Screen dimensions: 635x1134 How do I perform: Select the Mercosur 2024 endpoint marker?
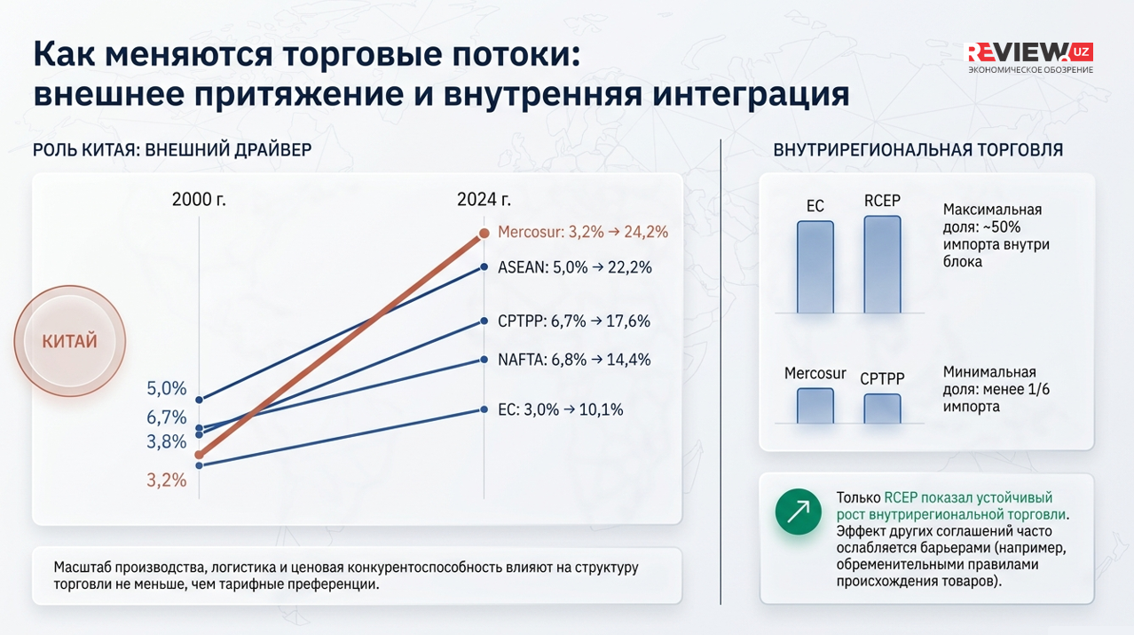[x=484, y=234]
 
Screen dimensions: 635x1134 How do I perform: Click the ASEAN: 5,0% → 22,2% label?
[x=574, y=267]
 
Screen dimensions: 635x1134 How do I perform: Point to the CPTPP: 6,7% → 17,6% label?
[x=573, y=321]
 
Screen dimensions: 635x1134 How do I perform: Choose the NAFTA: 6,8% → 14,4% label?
[x=573, y=360]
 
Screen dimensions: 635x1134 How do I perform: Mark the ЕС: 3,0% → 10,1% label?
[x=560, y=409]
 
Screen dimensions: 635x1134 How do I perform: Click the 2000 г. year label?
[x=199, y=199]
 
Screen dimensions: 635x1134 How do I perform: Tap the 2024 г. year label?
[x=484, y=199]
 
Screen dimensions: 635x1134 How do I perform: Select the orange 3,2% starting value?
[x=167, y=480]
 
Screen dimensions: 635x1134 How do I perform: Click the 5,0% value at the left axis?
[x=167, y=388]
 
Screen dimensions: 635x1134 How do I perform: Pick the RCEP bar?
[x=882, y=264]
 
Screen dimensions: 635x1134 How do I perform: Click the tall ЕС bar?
[x=815, y=266]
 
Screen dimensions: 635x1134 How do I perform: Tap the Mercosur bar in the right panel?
[x=815, y=406]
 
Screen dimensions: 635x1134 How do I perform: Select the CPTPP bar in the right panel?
[x=882, y=409]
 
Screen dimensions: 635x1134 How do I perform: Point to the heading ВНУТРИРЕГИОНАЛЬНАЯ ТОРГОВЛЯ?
[x=917, y=150]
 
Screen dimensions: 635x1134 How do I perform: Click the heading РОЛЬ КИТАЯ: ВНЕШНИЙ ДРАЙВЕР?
[x=172, y=149]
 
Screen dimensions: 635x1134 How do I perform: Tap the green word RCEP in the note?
[x=901, y=498]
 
